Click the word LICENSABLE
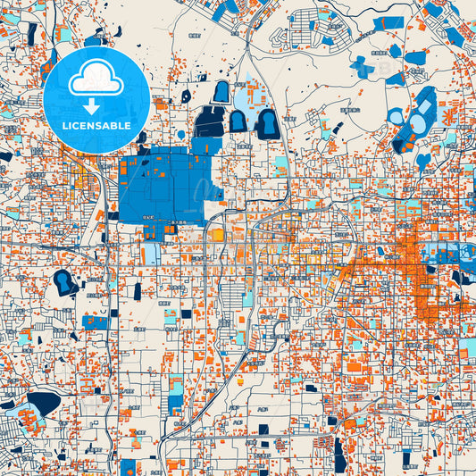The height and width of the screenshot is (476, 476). pos(96,126)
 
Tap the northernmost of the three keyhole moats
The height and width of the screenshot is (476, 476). pos(221,91)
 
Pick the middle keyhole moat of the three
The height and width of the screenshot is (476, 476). pos(238,120)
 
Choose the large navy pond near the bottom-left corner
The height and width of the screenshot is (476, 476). pos(42,402)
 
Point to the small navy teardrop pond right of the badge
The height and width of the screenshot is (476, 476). pos(186,96)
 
